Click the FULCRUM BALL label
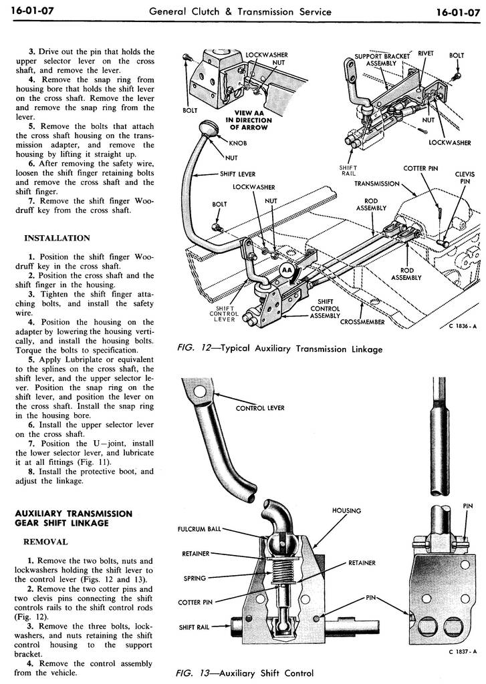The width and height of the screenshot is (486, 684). pos(199,530)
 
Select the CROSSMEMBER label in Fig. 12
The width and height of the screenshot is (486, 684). pos(362,321)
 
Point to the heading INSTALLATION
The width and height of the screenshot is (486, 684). pos(57,238)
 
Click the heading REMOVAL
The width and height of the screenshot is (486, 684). pos(45,542)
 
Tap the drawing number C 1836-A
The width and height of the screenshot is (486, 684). pos(457,326)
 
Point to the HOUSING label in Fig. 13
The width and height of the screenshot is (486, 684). pos(346,511)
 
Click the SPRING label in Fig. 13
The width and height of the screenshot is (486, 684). pos(195,578)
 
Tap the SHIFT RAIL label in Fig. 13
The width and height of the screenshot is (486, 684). pos(195,627)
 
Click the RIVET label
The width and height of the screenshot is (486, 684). pos(425,55)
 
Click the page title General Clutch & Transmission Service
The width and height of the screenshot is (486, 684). pos(240,11)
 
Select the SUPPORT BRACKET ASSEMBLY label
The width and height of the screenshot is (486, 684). pos(382,60)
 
